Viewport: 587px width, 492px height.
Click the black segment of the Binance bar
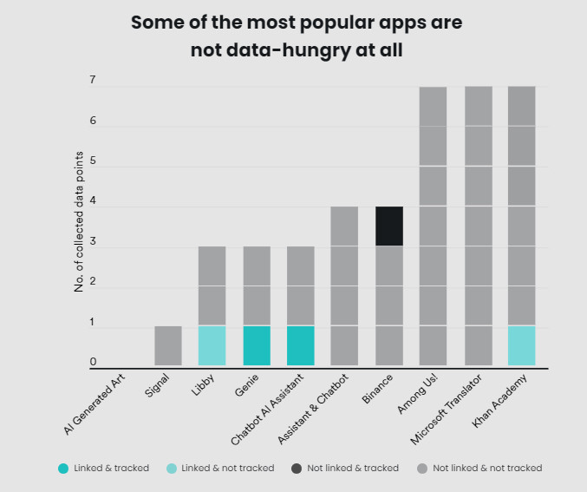click(388, 226)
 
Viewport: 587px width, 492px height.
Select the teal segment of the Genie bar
click(256, 344)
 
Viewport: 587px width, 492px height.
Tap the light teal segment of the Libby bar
click(212, 344)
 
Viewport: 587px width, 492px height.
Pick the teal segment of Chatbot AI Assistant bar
click(300, 344)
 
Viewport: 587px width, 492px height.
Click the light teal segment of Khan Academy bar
click(521, 344)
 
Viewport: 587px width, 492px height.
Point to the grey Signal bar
click(167, 344)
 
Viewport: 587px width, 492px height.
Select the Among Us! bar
click(433, 226)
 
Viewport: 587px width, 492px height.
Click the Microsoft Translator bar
click(478, 226)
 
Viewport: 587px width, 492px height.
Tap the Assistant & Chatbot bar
click(344, 286)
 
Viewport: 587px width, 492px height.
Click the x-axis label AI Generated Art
click(97, 406)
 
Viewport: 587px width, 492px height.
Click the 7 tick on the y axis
click(92, 81)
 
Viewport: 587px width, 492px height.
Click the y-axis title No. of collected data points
click(79, 221)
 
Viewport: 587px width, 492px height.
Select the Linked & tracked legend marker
click(63, 469)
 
